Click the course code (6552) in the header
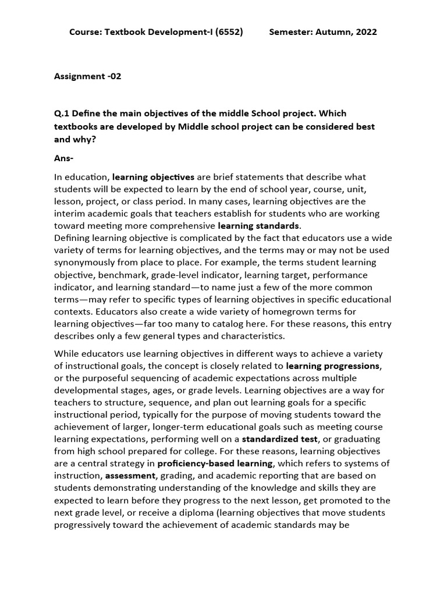coord(229,32)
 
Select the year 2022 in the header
coord(366,32)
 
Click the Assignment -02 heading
coord(88,76)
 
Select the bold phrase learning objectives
coord(154,176)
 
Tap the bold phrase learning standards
coord(258,225)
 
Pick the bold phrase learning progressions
coord(332,366)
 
